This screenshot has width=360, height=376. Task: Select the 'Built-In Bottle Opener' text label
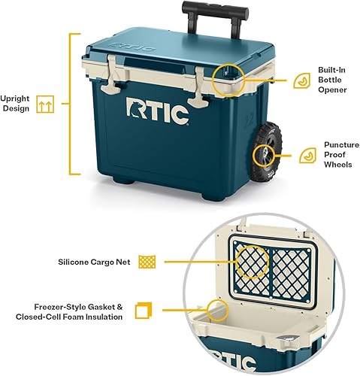(x=331, y=78)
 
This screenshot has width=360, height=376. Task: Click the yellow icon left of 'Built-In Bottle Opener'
(x=301, y=78)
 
